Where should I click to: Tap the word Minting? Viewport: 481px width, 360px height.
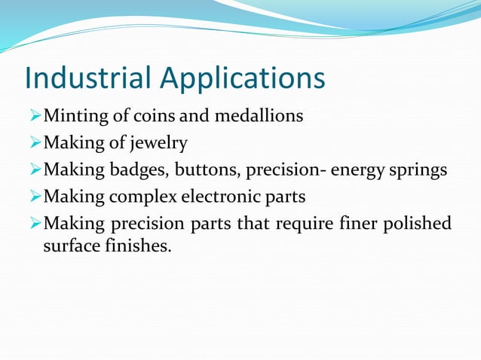click(x=73, y=117)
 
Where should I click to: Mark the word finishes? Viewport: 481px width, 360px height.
click(x=138, y=246)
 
